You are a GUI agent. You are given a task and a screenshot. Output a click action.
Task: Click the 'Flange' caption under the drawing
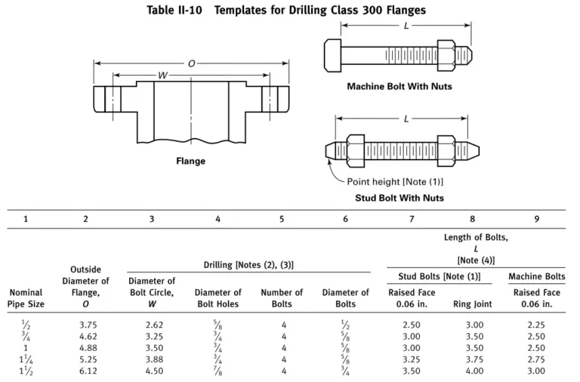(x=190, y=161)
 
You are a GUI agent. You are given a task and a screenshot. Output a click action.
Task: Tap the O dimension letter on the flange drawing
(x=190, y=63)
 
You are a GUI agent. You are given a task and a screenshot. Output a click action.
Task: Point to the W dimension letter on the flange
(x=162, y=75)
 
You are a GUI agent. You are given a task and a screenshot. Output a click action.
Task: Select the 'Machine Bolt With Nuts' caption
(x=400, y=86)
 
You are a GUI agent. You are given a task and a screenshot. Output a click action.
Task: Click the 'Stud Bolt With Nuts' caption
(x=400, y=198)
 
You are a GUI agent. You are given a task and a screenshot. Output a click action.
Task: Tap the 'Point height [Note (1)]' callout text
(x=394, y=182)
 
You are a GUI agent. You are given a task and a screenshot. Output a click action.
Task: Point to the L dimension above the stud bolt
(x=407, y=119)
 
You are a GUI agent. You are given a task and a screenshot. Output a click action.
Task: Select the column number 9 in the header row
(x=536, y=219)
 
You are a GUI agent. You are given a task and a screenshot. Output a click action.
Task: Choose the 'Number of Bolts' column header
(x=282, y=298)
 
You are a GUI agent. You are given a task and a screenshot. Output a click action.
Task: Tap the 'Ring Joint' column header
(x=472, y=304)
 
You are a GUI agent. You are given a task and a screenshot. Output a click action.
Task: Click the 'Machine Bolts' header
(x=536, y=276)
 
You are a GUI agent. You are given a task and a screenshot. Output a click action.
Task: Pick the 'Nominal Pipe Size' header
(x=26, y=298)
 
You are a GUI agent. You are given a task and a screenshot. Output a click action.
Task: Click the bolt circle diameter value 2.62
(x=153, y=325)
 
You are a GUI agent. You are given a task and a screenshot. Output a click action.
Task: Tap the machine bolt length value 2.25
(x=536, y=325)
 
